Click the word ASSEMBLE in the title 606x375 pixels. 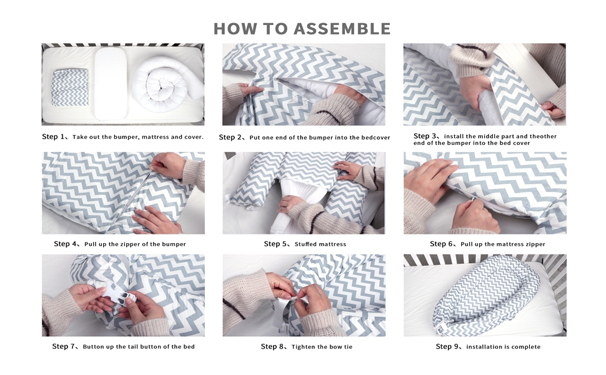342,29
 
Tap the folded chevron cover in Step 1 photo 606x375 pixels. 70,87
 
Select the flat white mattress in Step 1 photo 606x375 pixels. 111,83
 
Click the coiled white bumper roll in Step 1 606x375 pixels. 166,84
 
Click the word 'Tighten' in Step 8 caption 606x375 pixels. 304,347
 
